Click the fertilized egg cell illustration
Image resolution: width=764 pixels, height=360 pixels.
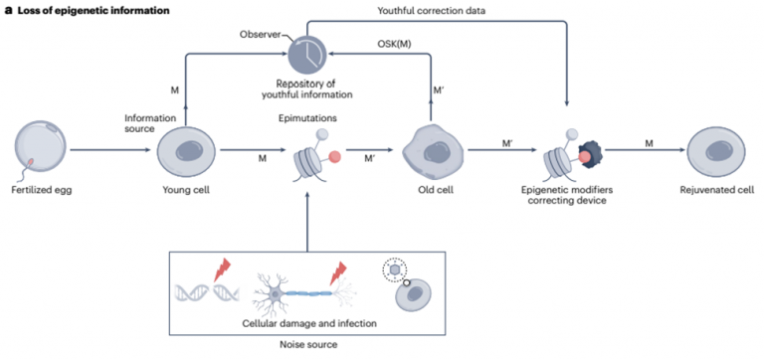click(41, 149)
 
